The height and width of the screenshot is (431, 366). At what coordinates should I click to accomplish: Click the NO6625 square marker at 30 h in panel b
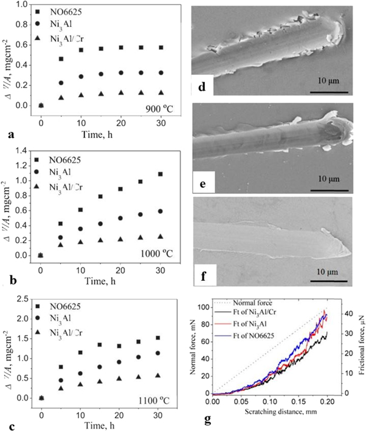[161, 174]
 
